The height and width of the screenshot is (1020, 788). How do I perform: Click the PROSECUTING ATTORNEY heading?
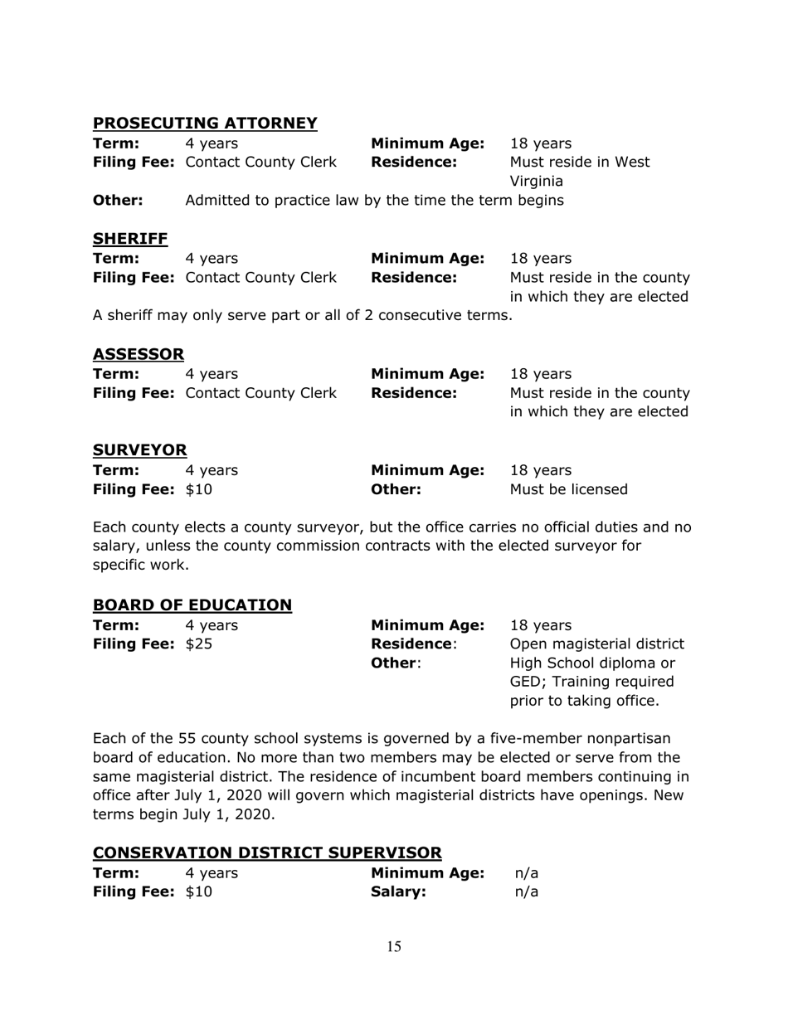click(x=205, y=124)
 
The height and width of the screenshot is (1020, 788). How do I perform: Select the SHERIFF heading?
click(x=119, y=240)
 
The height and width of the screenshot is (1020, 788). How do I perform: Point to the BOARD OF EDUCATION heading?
click(x=192, y=605)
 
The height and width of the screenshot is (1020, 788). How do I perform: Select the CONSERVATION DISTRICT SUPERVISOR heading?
click(x=267, y=852)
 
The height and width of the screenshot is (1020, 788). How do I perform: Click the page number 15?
click(x=394, y=947)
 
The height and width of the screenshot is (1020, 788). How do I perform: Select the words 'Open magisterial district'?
click(x=596, y=644)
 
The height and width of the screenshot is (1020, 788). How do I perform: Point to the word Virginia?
click(x=537, y=181)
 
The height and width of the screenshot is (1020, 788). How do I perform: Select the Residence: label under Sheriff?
click(x=413, y=277)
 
